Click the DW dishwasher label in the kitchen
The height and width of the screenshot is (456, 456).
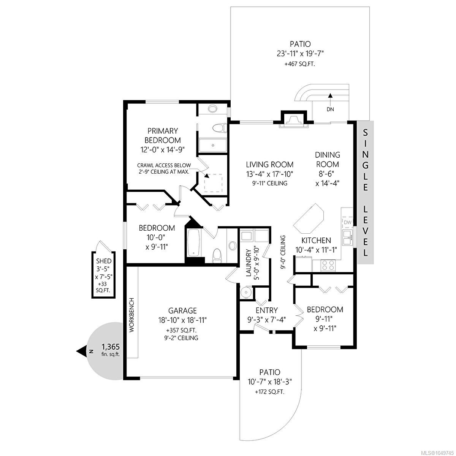pos(347,222)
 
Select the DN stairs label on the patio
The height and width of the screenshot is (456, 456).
pos(330,109)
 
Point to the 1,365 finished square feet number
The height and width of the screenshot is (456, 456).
pos(111,347)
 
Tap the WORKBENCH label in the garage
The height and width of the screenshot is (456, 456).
pos(132,315)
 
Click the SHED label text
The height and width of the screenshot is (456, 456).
pos(104,261)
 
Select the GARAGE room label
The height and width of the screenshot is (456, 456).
pos(182,310)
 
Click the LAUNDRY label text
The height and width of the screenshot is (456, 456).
pos(249,263)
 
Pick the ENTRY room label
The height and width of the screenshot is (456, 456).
pos(267,310)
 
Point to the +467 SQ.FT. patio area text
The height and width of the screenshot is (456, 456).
pos(300,64)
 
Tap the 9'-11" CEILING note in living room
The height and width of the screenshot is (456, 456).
pos(270,183)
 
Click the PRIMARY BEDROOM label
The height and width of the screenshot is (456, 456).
pos(163,135)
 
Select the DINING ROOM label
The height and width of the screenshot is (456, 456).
pos(328,160)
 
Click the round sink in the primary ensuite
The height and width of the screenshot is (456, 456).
pos(212,109)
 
